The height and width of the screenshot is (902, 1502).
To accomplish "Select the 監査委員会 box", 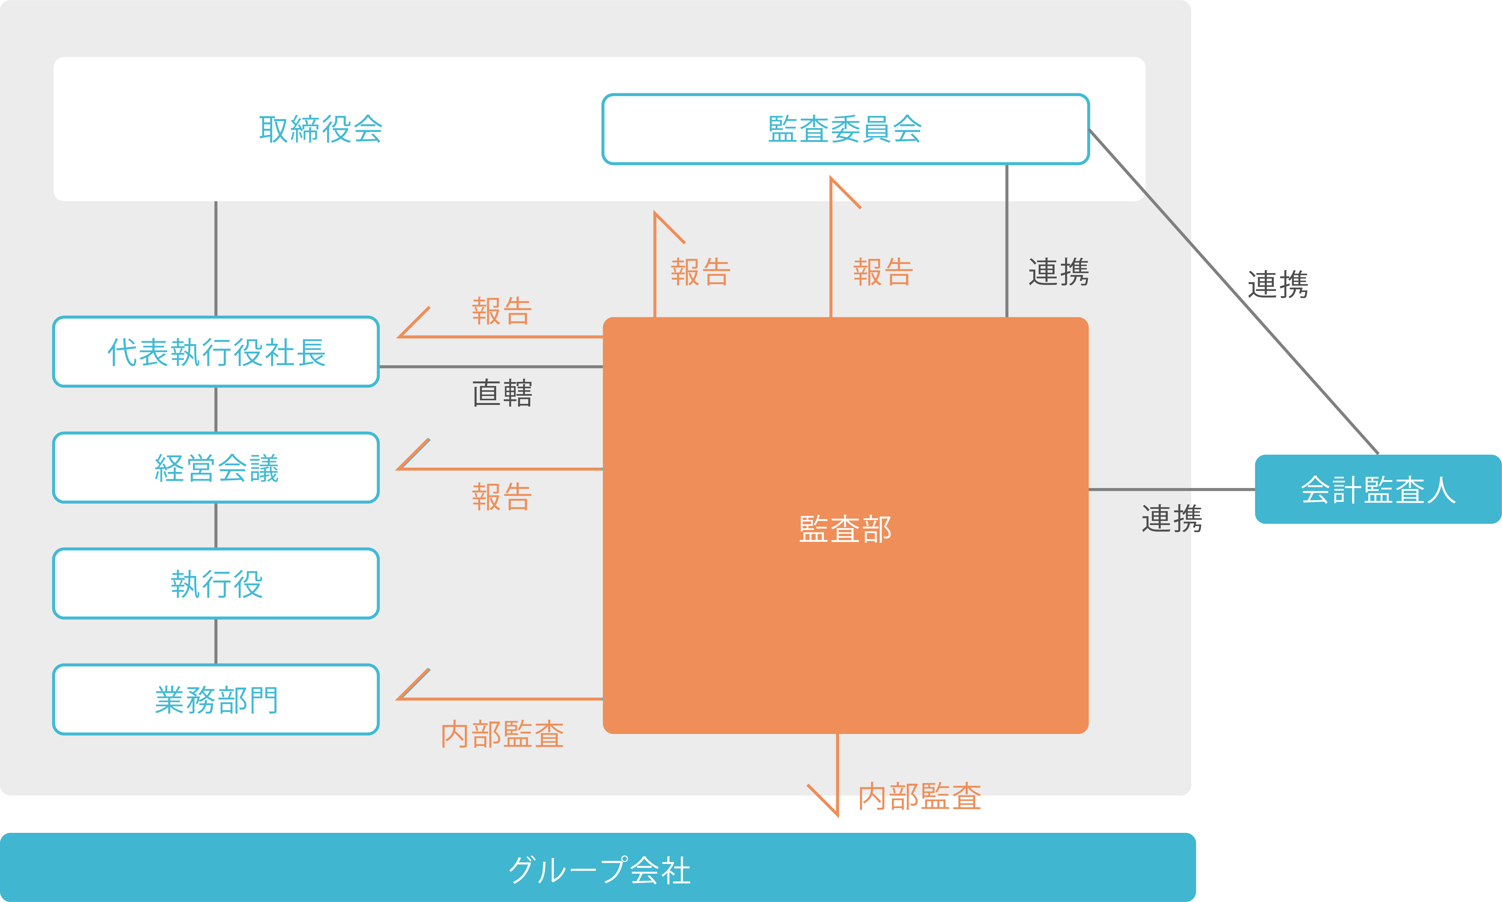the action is pyautogui.click(x=846, y=129).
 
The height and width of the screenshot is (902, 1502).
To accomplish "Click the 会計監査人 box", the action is pyautogui.click(x=1378, y=489).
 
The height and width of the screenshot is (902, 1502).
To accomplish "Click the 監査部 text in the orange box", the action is pyautogui.click(x=846, y=529).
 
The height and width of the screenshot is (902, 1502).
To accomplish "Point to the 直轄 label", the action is pyautogui.click(x=502, y=393).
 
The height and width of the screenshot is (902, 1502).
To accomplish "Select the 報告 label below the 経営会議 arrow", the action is pyautogui.click(x=502, y=497).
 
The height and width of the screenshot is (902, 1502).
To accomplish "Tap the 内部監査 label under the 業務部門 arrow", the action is pyautogui.click(x=502, y=734).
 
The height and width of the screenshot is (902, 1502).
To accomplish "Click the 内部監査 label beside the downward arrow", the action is pyautogui.click(x=920, y=796).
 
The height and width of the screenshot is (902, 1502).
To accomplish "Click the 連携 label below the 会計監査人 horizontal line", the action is pyautogui.click(x=1172, y=518).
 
